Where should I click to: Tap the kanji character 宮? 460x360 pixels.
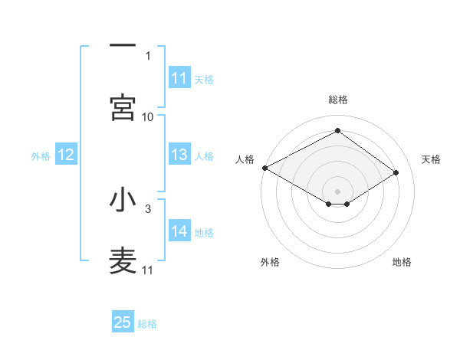click(x=123, y=108)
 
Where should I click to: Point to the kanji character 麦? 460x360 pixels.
click(x=123, y=261)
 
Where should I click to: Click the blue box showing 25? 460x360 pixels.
click(x=123, y=323)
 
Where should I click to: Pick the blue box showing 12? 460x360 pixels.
click(x=65, y=155)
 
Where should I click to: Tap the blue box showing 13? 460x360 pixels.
click(x=179, y=155)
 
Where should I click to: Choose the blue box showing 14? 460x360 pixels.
click(x=179, y=232)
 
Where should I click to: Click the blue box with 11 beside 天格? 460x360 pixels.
click(x=179, y=79)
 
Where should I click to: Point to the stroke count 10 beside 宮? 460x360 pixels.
click(x=148, y=116)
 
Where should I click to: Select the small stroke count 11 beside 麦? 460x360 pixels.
click(x=148, y=270)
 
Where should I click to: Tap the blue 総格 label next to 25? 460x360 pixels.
click(x=148, y=324)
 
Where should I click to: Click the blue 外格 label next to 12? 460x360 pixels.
click(x=41, y=156)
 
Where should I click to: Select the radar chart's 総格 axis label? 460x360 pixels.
click(x=337, y=100)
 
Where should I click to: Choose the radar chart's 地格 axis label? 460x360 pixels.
click(x=402, y=262)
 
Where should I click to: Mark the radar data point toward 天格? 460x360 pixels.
click(x=396, y=173)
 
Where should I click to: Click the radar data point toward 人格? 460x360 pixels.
click(x=264, y=168)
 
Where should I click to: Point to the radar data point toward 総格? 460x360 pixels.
click(x=337, y=131)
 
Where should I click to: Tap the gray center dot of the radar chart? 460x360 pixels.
click(x=337, y=191)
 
